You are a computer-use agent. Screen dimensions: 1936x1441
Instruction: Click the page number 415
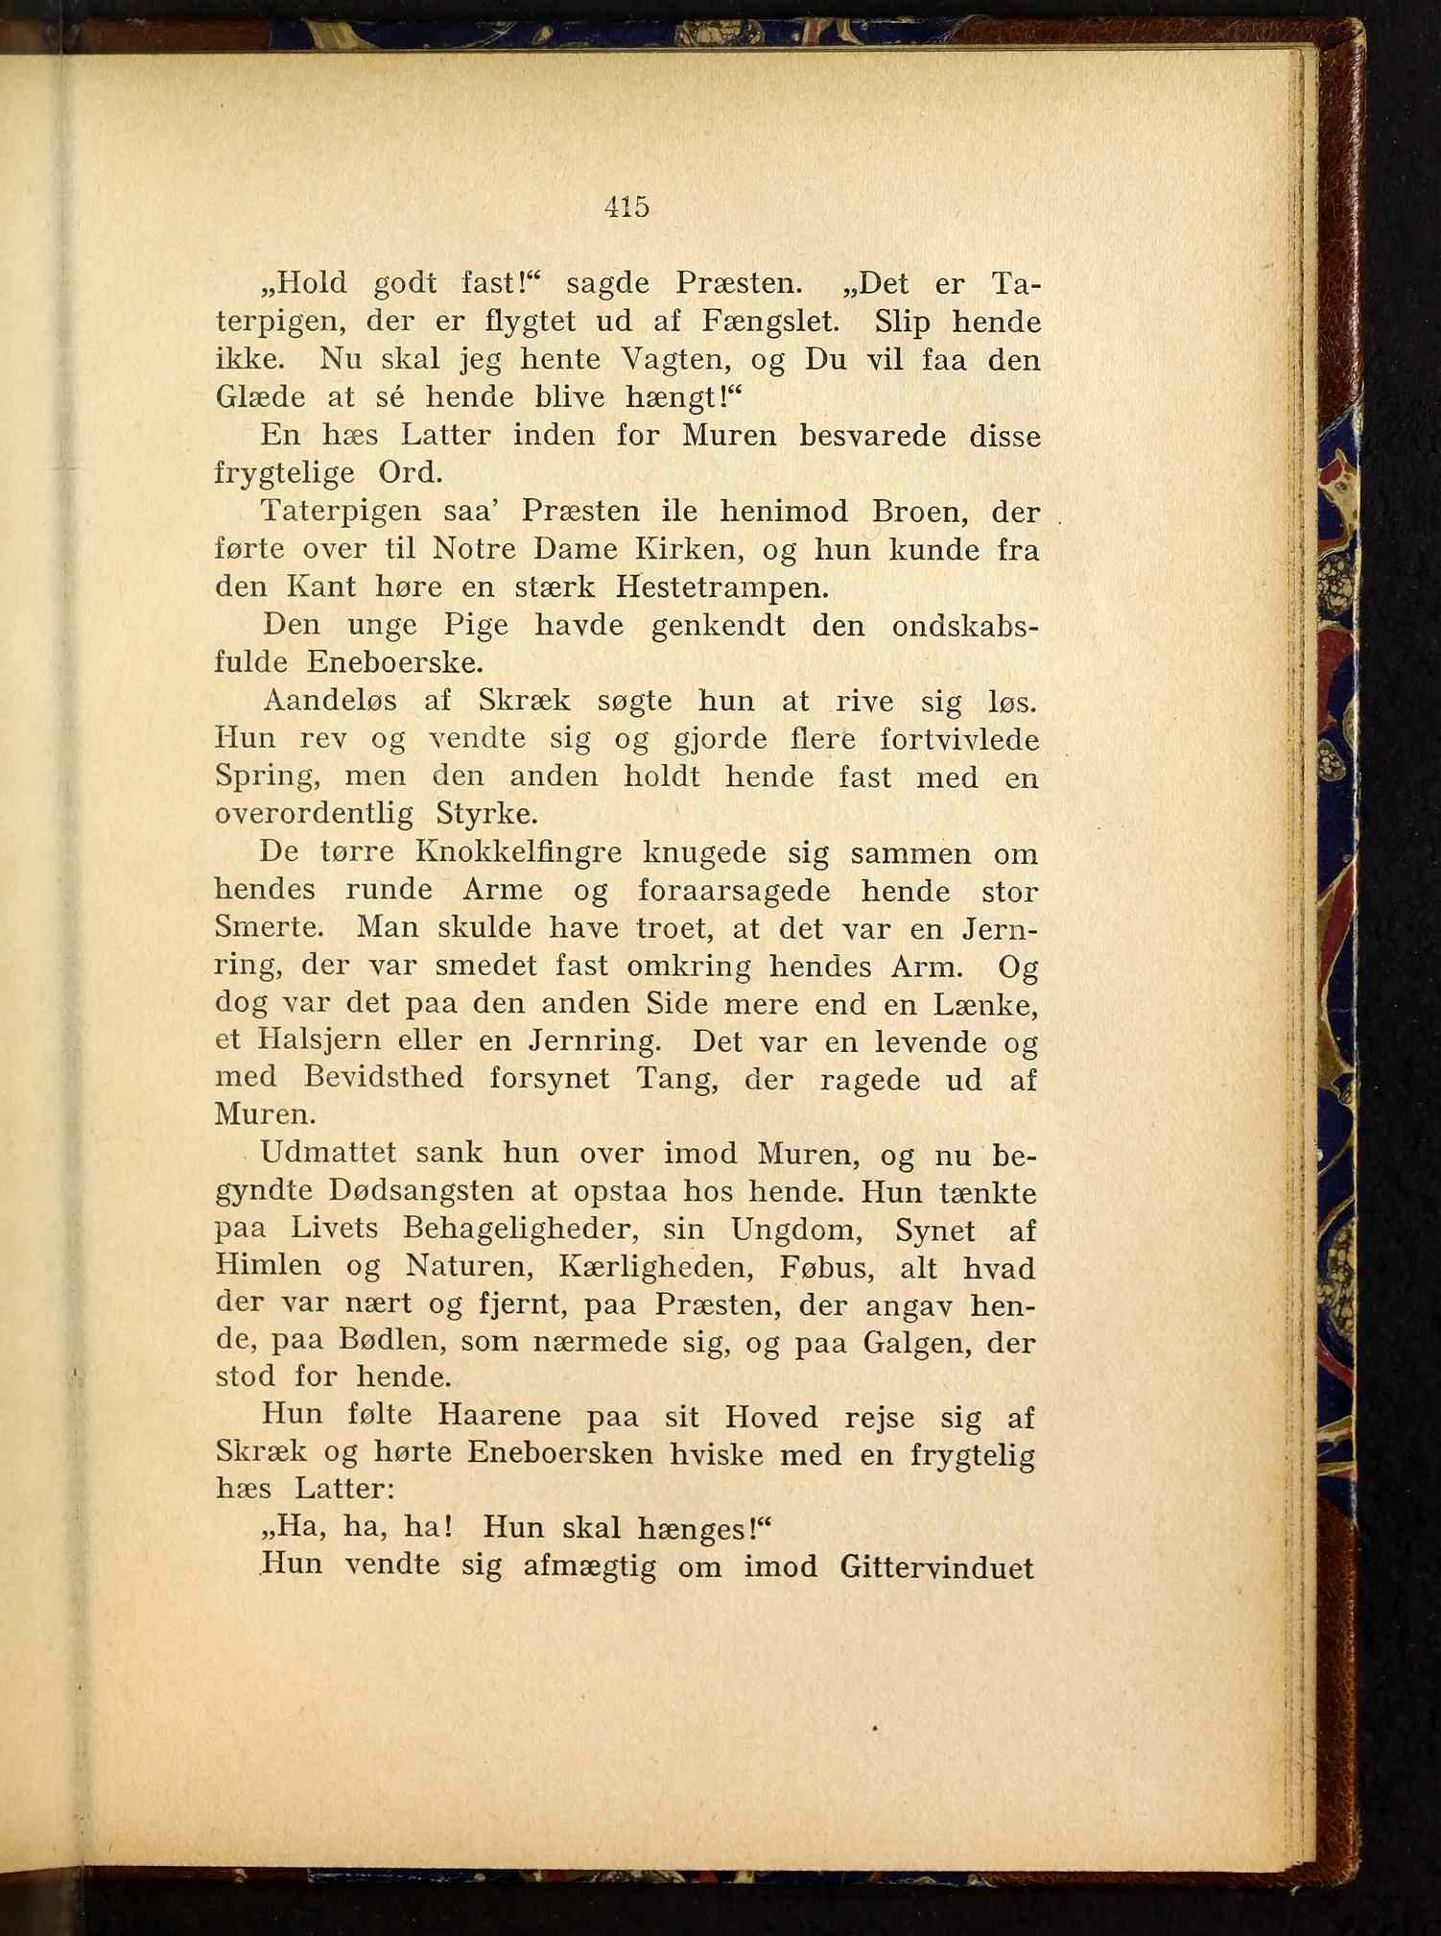point(627,206)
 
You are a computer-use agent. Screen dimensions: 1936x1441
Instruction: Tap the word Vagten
point(702,359)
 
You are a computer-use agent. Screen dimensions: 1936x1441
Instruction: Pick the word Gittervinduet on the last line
point(936,1566)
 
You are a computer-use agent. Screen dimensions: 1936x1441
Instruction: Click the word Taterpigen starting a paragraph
point(341,511)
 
